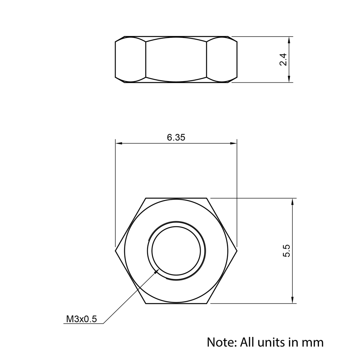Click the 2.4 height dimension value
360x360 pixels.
tap(283, 59)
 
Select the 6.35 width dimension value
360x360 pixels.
tap(176, 137)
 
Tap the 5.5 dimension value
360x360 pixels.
tap(287, 251)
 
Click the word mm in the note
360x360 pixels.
tap(314, 342)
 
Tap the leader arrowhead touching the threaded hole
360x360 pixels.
tap(157, 271)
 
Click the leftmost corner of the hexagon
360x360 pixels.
tap(116, 251)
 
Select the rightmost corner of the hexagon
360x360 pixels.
tap(237, 251)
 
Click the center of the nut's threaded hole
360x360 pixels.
tap(176, 251)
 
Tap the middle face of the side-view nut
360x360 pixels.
tap(176, 59)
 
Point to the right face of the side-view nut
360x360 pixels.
tap(222, 59)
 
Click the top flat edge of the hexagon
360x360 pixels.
tap(176, 198)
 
